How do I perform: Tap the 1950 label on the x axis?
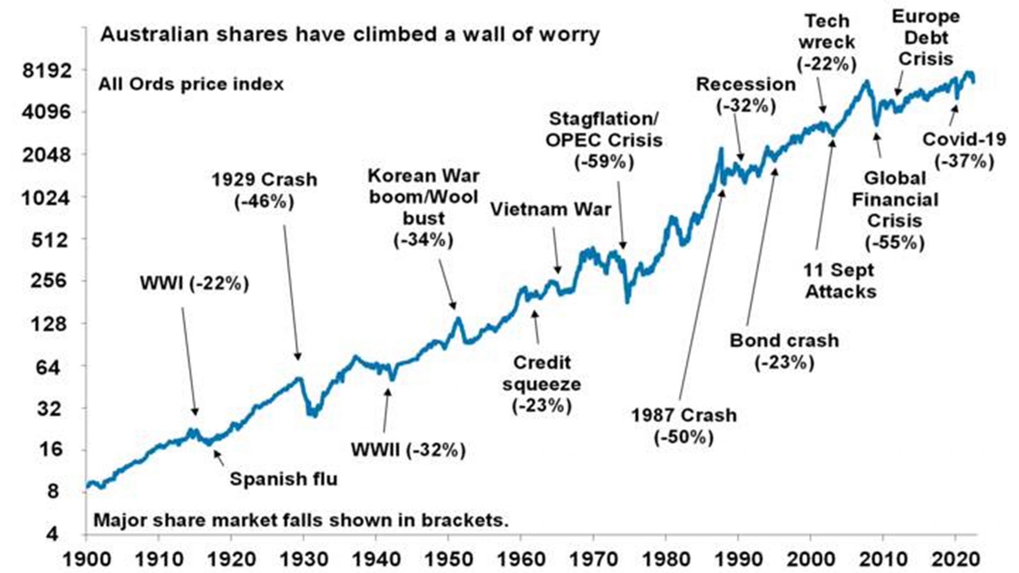448,559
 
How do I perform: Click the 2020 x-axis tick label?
955,559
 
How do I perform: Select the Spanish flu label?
283,479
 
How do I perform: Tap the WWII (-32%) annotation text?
408,450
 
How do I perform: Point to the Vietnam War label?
550,210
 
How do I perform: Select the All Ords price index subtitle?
191,85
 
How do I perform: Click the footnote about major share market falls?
301,520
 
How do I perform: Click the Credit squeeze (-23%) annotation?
542,385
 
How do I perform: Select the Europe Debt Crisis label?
925,38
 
